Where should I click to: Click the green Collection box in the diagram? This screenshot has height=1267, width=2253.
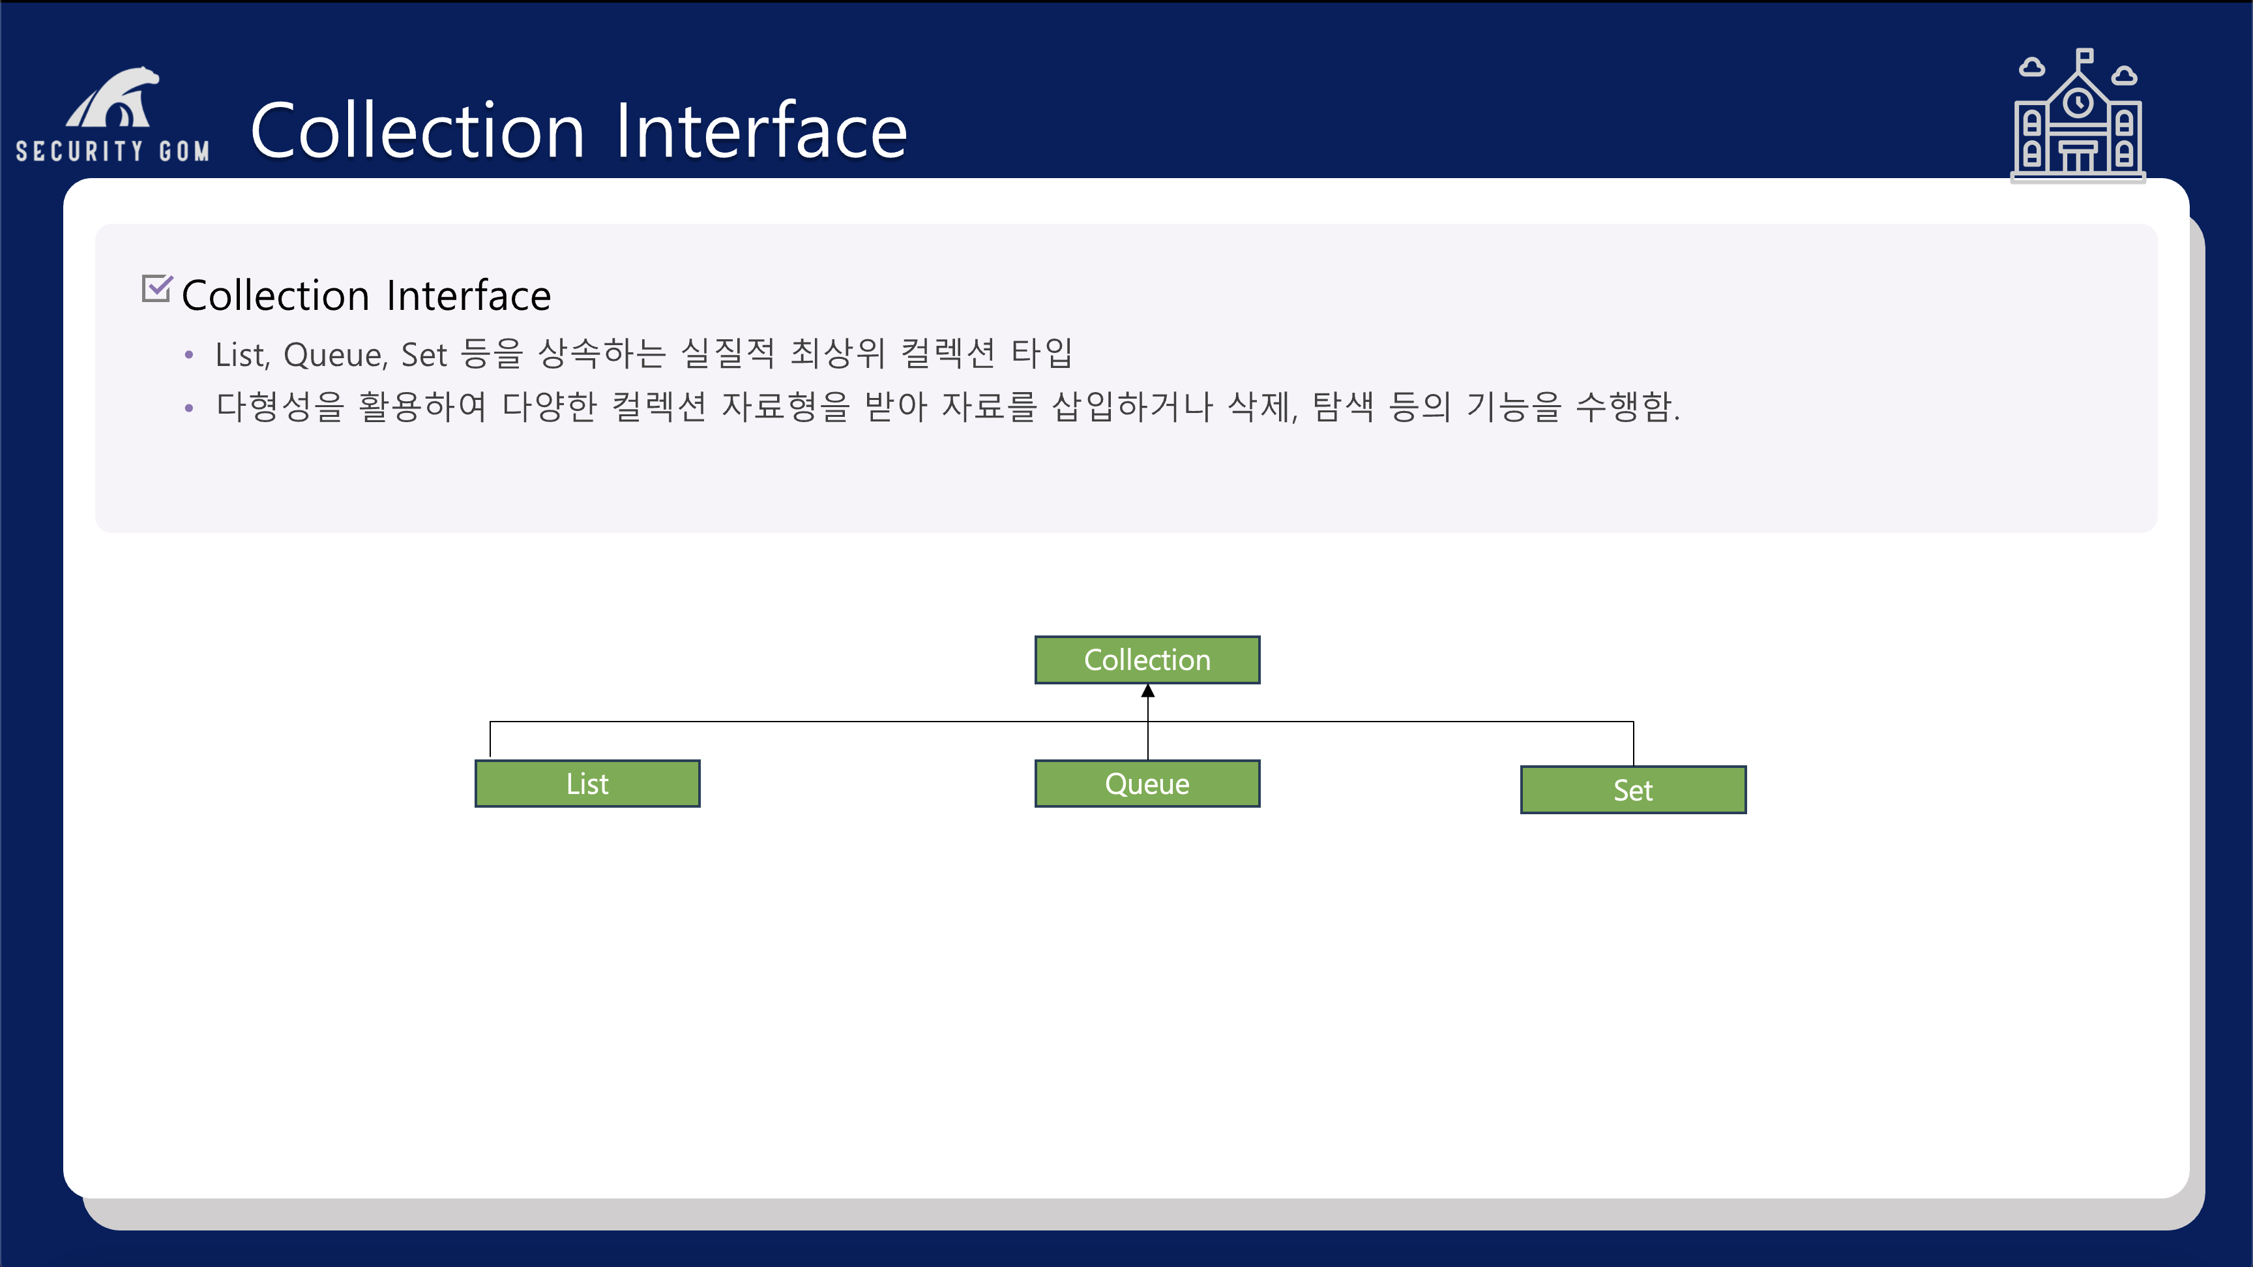click(1147, 660)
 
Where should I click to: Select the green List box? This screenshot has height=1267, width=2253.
click(587, 783)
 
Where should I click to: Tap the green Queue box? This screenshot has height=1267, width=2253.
click(1147, 783)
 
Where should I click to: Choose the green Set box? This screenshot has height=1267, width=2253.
click(1633, 790)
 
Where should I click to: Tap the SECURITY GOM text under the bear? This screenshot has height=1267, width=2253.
click(113, 151)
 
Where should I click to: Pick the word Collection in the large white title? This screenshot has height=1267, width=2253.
click(417, 131)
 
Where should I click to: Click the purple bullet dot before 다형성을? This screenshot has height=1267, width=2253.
click(189, 408)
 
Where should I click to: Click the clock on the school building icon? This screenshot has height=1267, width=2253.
click(2078, 103)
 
